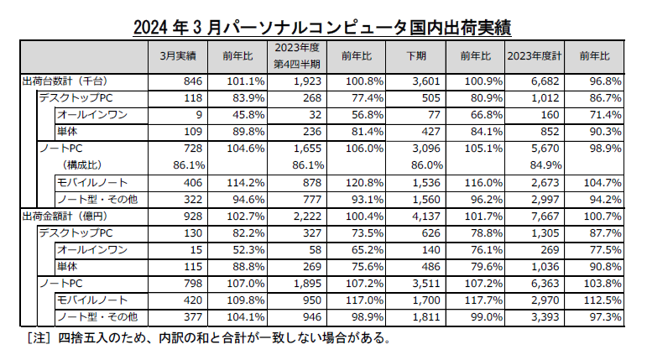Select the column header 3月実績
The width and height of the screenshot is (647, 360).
[177, 56]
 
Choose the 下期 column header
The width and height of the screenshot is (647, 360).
[415, 56]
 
